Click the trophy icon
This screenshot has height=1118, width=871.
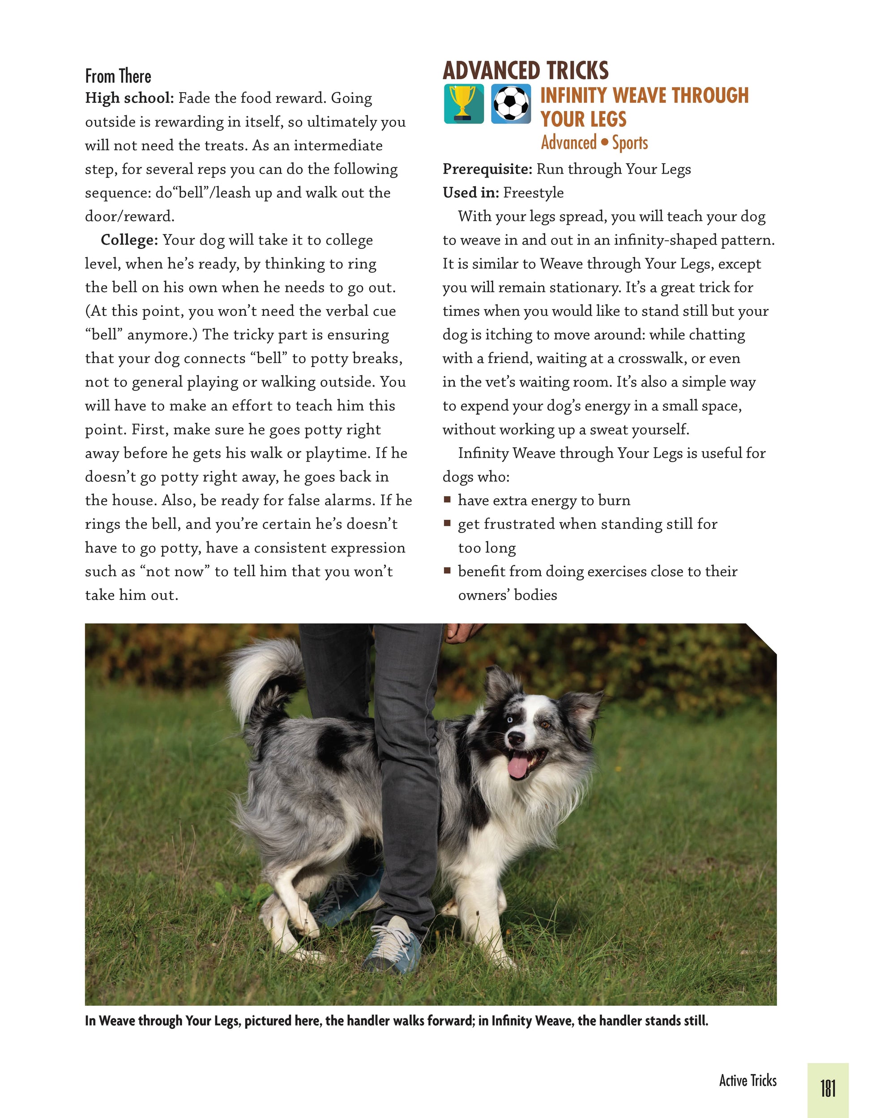[x=463, y=104]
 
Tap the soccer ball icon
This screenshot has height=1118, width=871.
[x=511, y=104]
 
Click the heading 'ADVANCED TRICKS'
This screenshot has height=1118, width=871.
[x=525, y=71]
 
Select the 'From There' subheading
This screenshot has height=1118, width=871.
[x=118, y=76]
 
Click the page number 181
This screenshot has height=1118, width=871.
[x=828, y=1088]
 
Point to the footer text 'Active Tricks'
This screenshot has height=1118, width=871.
[x=747, y=1080]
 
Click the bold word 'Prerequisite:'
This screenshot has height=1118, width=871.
[x=487, y=169]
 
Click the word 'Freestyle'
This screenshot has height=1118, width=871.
[x=533, y=192]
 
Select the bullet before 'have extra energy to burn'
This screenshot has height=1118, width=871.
[x=448, y=500]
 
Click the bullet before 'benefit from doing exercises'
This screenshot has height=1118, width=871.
[x=448, y=571]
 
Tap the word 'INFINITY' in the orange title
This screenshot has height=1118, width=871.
[x=573, y=96]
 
